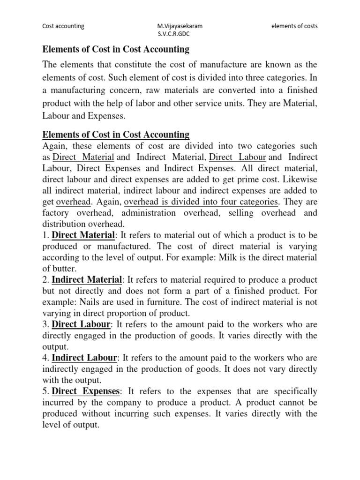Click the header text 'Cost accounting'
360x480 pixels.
pyautogui.click(x=63, y=26)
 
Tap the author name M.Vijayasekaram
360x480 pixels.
pyautogui.click(x=173, y=26)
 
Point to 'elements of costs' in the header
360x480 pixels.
pyautogui.click(x=294, y=26)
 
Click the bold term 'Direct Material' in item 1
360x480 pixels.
pyautogui.click(x=83, y=234)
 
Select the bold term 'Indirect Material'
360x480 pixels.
pyautogui.click(x=86, y=280)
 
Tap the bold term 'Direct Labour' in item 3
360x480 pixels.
pyautogui.click(x=81, y=325)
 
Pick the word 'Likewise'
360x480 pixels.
pyautogui.click(x=299, y=180)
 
